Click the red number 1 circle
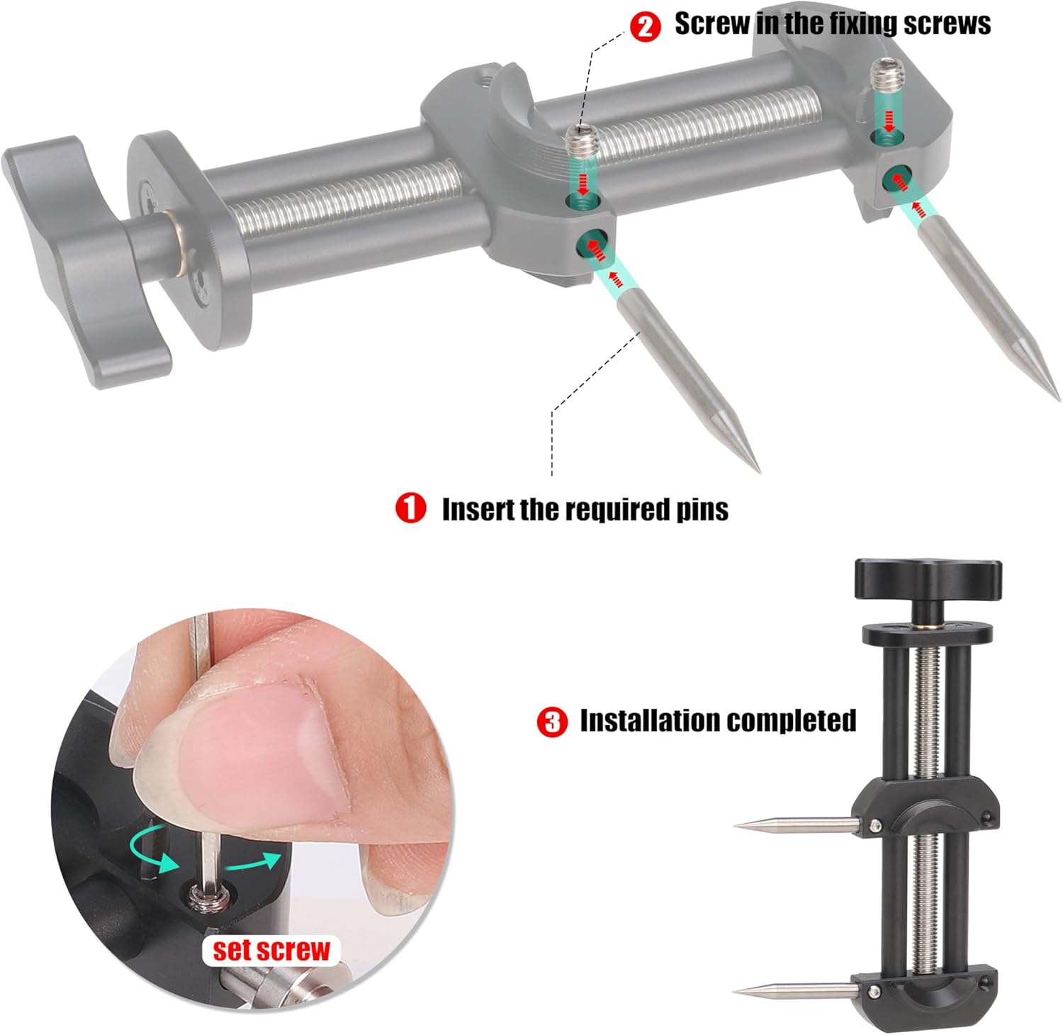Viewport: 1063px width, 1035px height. tap(410, 508)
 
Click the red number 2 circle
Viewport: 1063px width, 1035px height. tap(645, 26)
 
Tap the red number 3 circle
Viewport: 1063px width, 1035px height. tap(552, 722)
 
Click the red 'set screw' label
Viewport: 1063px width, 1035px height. tap(272, 950)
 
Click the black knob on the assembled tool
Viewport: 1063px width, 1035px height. tap(928, 579)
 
